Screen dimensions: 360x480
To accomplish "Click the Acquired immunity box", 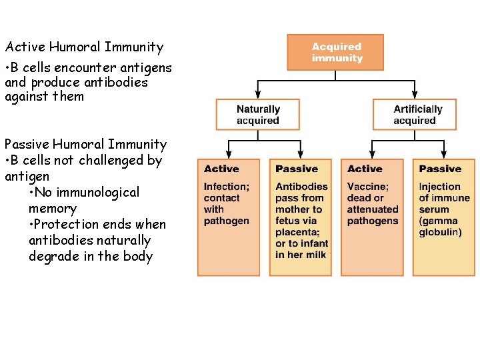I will [x=335, y=52].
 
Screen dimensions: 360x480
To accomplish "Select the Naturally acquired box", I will [x=258, y=115].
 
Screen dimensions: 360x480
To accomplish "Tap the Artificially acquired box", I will [x=415, y=115].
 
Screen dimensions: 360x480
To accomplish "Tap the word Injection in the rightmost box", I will [x=439, y=187].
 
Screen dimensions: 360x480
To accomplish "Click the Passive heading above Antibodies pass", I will [x=297, y=169].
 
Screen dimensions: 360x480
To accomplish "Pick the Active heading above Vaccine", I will [x=365, y=169].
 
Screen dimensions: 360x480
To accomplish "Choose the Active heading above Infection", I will [x=221, y=169].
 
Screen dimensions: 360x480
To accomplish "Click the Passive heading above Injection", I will [x=440, y=169].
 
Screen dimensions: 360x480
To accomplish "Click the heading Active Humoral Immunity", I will [x=84, y=47].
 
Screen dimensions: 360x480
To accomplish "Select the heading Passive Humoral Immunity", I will [x=85, y=145].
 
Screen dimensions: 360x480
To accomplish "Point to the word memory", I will [x=53, y=209].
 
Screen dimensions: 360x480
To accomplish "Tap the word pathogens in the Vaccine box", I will [x=373, y=221].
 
